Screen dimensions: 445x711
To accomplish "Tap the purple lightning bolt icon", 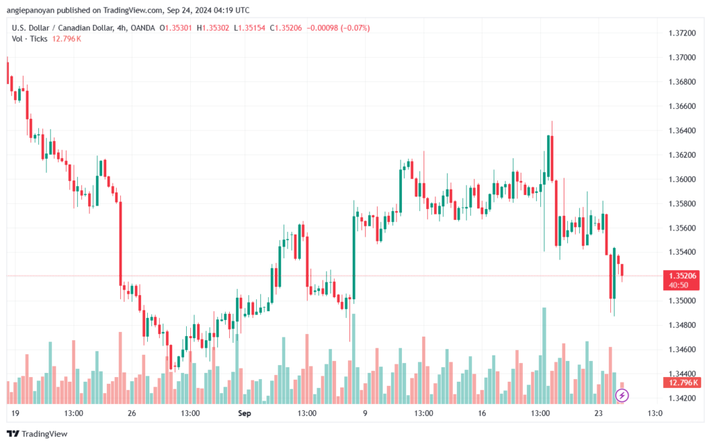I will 623,396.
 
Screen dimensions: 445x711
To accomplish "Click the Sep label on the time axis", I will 244,413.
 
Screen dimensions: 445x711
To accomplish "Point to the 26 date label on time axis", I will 132,413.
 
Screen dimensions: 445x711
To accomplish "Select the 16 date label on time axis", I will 483,413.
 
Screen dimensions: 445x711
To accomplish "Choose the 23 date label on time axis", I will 599,413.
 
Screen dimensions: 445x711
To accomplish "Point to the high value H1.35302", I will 214,28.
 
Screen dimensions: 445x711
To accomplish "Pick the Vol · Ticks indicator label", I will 30,38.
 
